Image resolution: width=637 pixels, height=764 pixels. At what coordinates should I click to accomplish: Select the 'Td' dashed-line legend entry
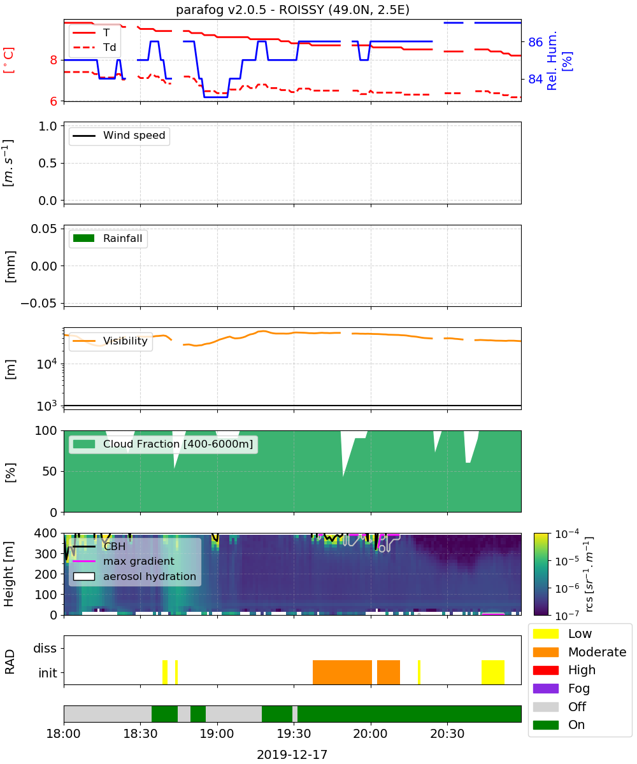pyautogui.click(x=94, y=47)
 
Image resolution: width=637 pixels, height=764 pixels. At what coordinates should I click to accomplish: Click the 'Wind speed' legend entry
pyautogui.click(x=119, y=136)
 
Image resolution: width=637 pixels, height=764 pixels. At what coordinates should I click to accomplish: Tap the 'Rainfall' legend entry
pyautogui.click(x=108, y=238)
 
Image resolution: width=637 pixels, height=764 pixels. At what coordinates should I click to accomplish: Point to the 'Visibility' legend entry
pyautogui.click(x=110, y=341)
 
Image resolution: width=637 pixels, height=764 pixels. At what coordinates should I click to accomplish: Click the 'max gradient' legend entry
pyautogui.click(x=124, y=561)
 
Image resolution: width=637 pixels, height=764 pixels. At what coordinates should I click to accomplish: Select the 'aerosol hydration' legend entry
pyautogui.click(x=134, y=576)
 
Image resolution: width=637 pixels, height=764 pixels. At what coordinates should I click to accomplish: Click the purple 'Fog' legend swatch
pyautogui.click(x=545, y=688)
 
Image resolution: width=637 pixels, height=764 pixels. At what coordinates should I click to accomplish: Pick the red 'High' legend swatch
pyautogui.click(x=545, y=670)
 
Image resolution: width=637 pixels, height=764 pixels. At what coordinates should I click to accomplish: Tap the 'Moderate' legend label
pyautogui.click(x=597, y=652)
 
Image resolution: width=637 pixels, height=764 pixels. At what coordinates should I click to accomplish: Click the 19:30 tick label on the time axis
pyautogui.click(x=294, y=733)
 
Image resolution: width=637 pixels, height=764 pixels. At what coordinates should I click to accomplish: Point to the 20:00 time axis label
pyautogui.click(x=371, y=733)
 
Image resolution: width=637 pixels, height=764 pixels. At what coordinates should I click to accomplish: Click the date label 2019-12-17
pyautogui.click(x=292, y=754)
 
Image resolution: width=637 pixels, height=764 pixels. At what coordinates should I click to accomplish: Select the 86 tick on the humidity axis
pyautogui.click(x=535, y=42)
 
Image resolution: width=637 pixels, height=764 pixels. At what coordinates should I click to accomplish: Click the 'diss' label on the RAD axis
pyautogui.click(x=45, y=648)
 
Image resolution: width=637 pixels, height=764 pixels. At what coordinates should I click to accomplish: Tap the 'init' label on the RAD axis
pyautogui.click(x=48, y=672)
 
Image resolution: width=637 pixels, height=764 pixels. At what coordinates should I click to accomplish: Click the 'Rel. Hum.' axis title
pyautogui.click(x=552, y=60)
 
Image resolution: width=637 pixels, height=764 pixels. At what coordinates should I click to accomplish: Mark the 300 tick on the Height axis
pyautogui.click(x=46, y=554)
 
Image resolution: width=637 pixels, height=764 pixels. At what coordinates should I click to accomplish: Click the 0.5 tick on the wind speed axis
pyautogui.click(x=48, y=163)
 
